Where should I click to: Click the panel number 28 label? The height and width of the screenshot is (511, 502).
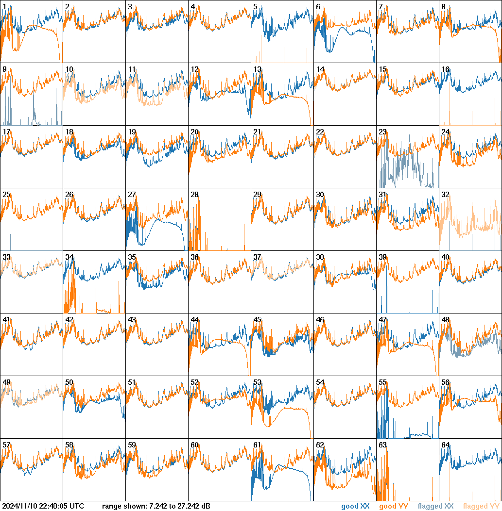click(194, 195)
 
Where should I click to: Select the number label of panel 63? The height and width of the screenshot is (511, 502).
click(382, 445)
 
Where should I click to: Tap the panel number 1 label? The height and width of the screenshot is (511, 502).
click(4, 7)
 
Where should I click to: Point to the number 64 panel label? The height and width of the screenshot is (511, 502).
click(445, 445)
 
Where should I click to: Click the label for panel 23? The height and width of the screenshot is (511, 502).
click(382, 132)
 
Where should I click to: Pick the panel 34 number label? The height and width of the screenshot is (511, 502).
click(69, 257)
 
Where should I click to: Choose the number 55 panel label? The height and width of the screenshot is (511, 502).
click(382, 382)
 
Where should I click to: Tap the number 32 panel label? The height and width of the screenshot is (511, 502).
click(445, 195)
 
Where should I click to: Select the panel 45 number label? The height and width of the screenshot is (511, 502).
click(257, 320)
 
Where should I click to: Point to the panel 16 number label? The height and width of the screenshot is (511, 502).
click(445, 69)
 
